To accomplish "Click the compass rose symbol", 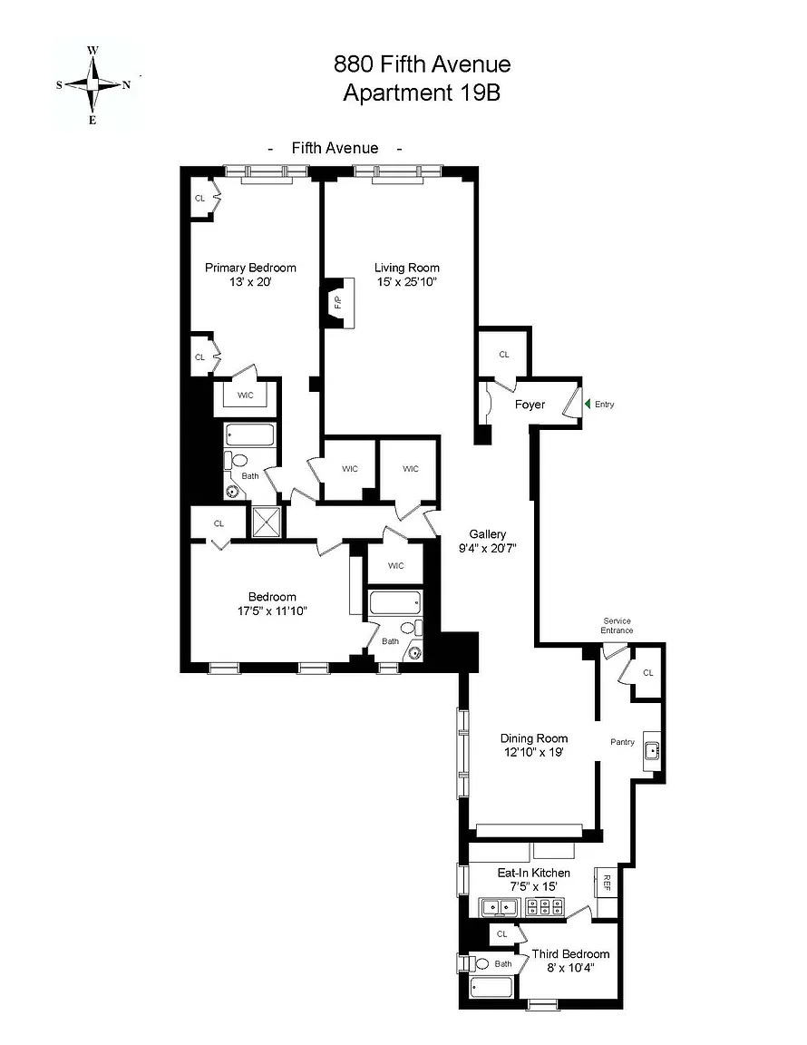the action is (x=93, y=84).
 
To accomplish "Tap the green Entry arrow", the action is (x=588, y=404).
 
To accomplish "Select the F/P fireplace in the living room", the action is (x=338, y=303).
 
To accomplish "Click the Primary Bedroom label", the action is (x=250, y=268).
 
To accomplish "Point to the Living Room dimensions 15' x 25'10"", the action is (x=406, y=282).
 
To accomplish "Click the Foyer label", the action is (x=530, y=405).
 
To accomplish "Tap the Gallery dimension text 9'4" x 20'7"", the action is (x=488, y=549).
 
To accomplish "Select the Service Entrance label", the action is (x=617, y=626).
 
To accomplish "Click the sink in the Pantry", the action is (x=652, y=751).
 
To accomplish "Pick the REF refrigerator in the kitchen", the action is (x=606, y=883).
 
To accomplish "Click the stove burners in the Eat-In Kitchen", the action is (x=544, y=907).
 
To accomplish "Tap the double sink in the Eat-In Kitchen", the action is (x=500, y=907).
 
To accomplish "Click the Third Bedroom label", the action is (x=570, y=954).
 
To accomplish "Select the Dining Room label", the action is (x=534, y=738).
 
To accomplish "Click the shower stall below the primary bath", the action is (x=266, y=522).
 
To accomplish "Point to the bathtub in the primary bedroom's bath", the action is (x=250, y=435).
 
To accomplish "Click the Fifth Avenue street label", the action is (x=335, y=148).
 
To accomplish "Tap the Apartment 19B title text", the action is (x=422, y=92).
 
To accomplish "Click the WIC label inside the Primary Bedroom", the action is (x=245, y=396).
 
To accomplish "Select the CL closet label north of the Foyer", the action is (x=504, y=355).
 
